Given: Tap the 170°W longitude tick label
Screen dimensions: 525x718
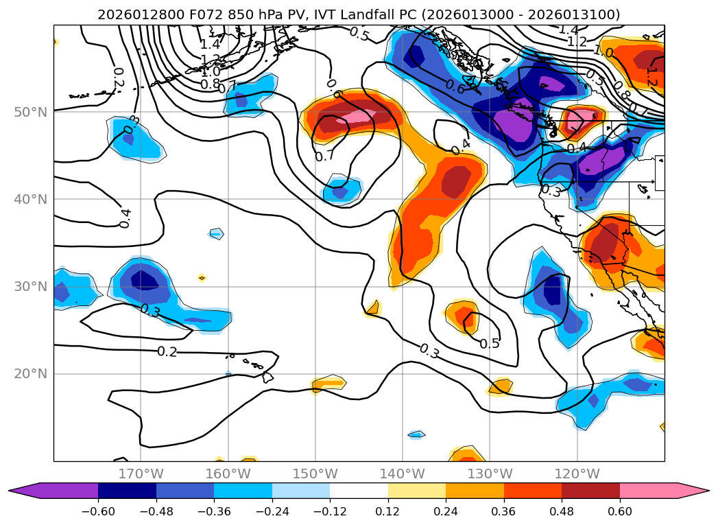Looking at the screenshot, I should tap(141, 474).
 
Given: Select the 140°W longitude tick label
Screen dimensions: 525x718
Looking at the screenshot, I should tap(403, 474).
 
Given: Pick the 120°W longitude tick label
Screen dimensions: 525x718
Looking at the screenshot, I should tap(577, 474).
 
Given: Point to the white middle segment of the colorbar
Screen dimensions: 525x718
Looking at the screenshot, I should tap(359, 490).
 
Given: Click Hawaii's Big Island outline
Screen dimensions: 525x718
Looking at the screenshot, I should tap(267, 377).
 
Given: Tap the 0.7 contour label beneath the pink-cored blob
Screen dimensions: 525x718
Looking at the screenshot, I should tap(324, 156).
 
